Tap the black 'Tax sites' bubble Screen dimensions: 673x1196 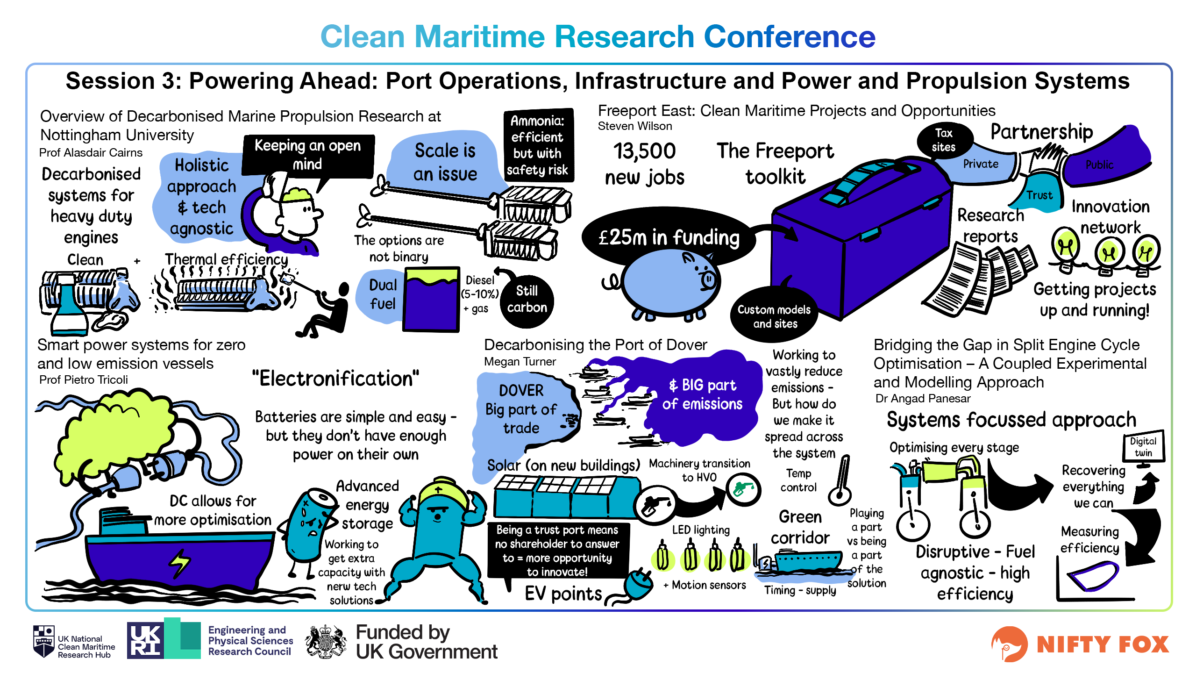(x=944, y=140)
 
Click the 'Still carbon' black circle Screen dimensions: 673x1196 (x=527, y=300)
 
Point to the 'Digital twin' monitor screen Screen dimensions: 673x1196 (x=1143, y=447)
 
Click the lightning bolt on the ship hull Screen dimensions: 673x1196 (x=180, y=563)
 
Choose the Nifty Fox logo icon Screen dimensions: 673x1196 (x=1009, y=644)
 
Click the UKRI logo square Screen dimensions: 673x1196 (x=145, y=640)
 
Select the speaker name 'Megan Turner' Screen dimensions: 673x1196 (x=520, y=362)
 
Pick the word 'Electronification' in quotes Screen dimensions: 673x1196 (x=335, y=379)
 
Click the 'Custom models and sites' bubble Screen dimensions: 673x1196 (x=775, y=316)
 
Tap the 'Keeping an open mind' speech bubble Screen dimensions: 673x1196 (x=308, y=155)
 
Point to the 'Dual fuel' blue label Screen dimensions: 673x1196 (x=382, y=294)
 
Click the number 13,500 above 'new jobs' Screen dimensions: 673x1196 (x=645, y=151)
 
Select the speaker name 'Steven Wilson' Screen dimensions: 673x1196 (x=635, y=126)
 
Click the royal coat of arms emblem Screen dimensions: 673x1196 (x=326, y=642)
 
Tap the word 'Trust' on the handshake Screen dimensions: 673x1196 (x=1039, y=195)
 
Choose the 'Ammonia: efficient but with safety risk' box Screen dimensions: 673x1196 (x=538, y=145)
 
